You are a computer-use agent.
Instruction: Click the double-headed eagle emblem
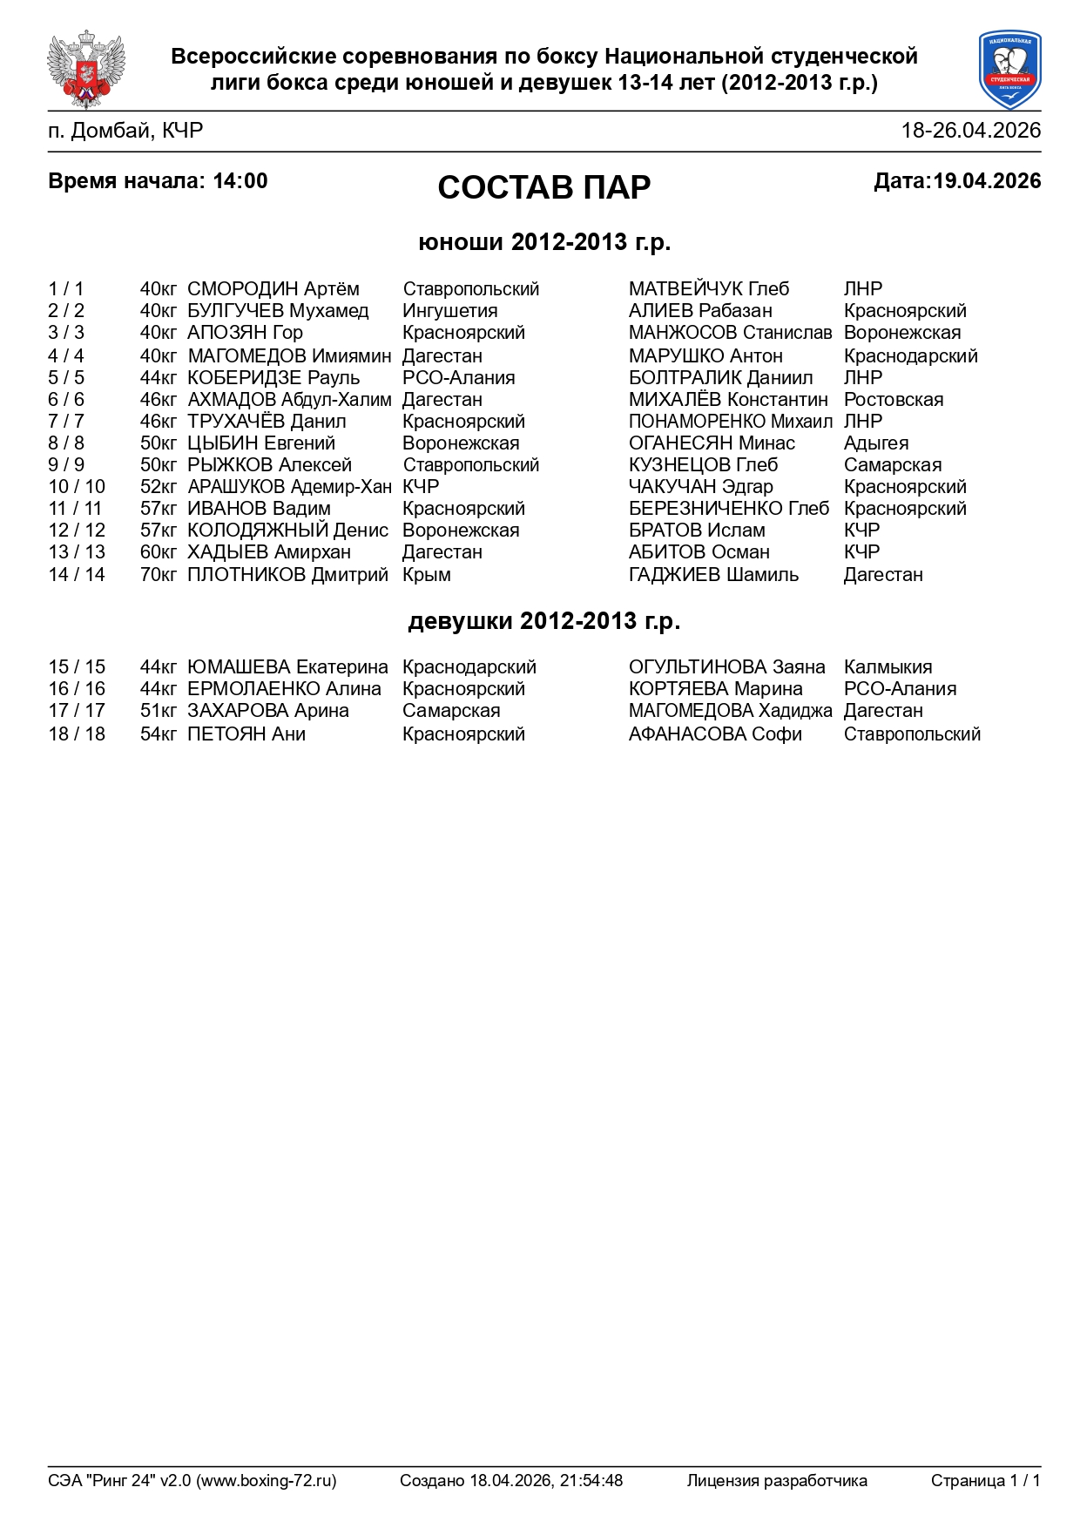pos(85,69)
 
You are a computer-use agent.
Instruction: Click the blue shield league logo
pos(1009,69)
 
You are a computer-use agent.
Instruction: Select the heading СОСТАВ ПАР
pos(543,187)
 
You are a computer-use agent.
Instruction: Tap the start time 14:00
pos(240,181)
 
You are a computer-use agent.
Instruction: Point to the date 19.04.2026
pos(987,181)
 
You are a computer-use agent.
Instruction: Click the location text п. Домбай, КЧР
pos(125,131)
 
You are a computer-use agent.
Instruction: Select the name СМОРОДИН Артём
pos(273,289)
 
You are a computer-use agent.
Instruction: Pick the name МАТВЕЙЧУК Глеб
pos(708,289)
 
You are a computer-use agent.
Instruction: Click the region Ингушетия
pos(449,311)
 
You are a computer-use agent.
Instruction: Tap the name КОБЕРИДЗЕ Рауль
pos(273,378)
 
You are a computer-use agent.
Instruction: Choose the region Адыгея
pos(875,443)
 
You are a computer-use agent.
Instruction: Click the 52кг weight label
pos(158,487)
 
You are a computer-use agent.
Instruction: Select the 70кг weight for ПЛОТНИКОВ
pos(158,575)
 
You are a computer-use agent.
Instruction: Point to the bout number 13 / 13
pos(77,552)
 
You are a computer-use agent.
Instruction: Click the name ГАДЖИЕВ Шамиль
pos(713,575)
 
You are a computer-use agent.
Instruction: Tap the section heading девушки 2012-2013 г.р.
pos(543,621)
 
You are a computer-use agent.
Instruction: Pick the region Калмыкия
pos(888,667)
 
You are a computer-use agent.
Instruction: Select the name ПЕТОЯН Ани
pos(246,734)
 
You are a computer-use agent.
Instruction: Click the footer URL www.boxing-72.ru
pos(266,1480)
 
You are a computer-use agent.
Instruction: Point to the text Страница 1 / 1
pos(985,1480)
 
